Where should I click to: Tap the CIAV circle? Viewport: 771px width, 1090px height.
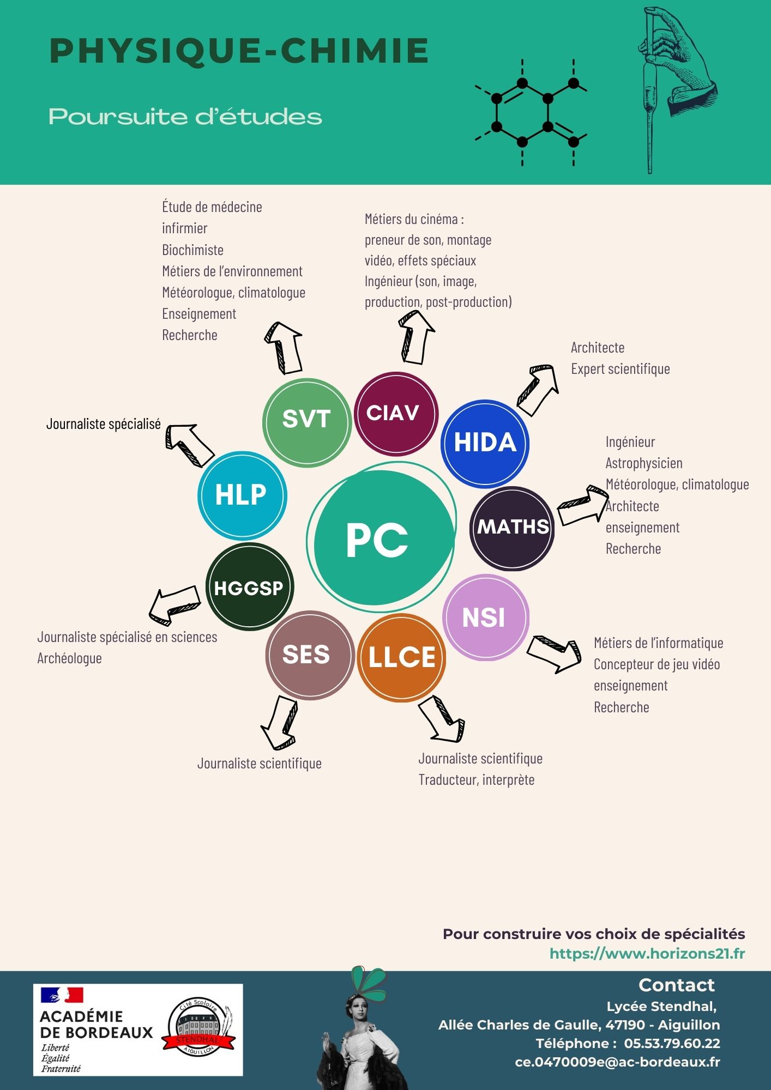(x=396, y=414)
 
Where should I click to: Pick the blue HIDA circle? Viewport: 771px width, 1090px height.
(x=485, y=443)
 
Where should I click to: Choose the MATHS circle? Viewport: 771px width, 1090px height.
(x=512, y=528)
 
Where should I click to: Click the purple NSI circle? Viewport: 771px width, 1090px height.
(x=485, y=617)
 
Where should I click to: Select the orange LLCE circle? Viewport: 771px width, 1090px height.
(x=402, y=657)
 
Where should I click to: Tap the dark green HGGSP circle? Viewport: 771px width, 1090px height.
(x=250, y=587)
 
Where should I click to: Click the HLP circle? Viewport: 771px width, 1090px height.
(x=242, y=495)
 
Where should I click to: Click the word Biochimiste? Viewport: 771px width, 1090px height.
(x=192, y=250)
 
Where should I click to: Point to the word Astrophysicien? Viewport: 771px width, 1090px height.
(x=644, y=463)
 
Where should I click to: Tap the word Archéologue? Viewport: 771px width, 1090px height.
(x=69, y=658)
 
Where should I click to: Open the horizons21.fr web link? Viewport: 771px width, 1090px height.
(x=647, y=953)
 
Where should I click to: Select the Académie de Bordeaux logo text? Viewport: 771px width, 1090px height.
(x=96, y=1025)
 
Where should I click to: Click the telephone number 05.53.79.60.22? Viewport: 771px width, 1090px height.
(x=672, y=1043)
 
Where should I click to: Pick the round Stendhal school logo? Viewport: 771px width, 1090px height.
(x=198, y=1027)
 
